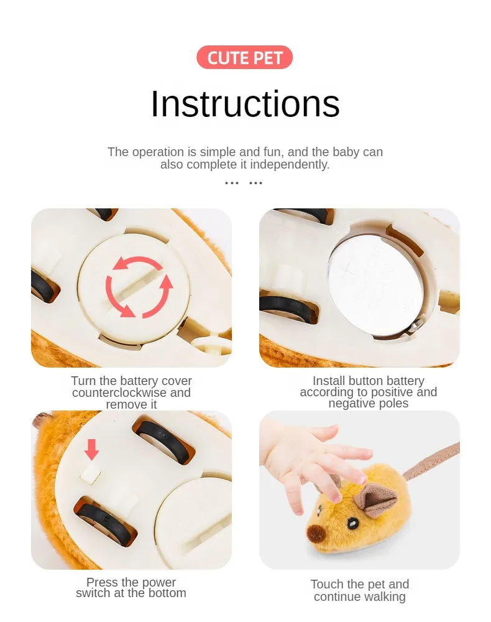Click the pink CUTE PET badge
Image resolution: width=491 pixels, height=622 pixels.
[244, 57]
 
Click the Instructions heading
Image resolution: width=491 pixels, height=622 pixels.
[245, 104]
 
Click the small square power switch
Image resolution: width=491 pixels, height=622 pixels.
[90, 474]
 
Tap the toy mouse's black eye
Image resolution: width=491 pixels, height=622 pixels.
[352, 524]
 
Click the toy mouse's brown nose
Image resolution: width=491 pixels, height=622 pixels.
[316, 533]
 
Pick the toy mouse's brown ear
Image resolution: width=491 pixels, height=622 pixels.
[374, 499]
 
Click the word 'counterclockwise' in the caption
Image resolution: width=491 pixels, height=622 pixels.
[119, 392]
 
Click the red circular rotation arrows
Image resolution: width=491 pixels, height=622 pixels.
[139, 286]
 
